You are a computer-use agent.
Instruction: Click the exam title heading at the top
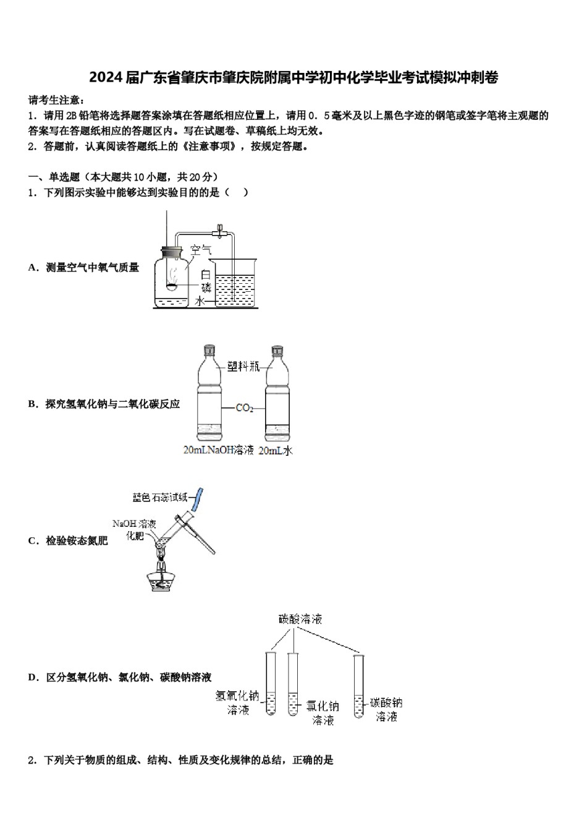pyautogui.click(x=293, y=77)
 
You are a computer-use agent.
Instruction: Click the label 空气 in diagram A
pyautogui.click(x=201, y=250)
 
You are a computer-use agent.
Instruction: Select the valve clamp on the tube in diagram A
pyautogui.click(x=218, y=232)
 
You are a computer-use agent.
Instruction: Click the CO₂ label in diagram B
pyautogui.click(x=245, y=408)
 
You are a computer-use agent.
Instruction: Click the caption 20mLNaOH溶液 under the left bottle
pyautogui.click(x=219, y=451)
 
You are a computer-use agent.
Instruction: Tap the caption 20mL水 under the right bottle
pyautogui.click(x=276, y=451)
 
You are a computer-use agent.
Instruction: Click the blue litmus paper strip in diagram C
pyautogui.click(x=199, y=499)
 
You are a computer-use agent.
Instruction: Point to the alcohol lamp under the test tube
pyautogui.click(x=163, y=577)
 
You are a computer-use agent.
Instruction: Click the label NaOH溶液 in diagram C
pyautogui.click(x=134, y=523)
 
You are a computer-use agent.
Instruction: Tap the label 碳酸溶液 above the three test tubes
pyautogui.click(x=300, y=619)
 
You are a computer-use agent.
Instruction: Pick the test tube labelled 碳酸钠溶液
pyautogui.click(x=358, y=686)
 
